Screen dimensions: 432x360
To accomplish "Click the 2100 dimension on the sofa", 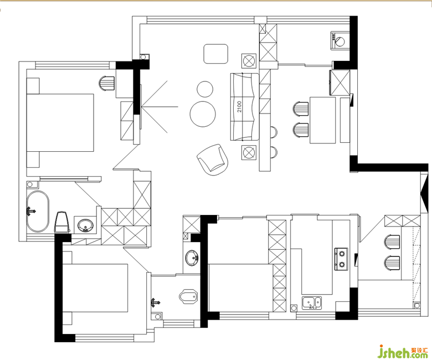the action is click(239, 106).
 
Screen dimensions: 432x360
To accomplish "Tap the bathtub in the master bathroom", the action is click(38, 211).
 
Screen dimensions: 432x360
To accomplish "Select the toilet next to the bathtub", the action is click(62, 222).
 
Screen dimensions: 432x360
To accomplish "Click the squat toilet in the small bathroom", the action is click(188, 296).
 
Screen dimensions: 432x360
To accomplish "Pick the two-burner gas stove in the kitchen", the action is click(341, 259).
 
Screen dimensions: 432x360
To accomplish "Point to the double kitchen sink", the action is click(312, 303).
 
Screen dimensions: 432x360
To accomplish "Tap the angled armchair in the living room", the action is click(213, 160).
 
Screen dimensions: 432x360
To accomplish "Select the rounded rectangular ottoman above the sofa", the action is click(216, 54).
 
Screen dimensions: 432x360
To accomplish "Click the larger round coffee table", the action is click(203, 114).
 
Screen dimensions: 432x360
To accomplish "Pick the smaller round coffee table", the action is click(205, 89).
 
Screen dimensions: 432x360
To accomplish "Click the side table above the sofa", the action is click(249, 61).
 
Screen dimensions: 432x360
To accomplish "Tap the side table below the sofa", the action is click(249, 152).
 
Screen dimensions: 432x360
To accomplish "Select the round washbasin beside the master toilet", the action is click(85, 225).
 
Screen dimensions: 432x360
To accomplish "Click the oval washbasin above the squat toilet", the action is click(192, 258).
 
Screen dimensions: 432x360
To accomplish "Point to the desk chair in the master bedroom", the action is click(106, 83).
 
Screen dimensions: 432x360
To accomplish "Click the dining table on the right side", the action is click(323, 120).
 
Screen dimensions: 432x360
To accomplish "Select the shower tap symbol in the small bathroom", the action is click(156, 302).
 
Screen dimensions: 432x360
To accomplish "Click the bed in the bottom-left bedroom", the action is click(95, 288).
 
